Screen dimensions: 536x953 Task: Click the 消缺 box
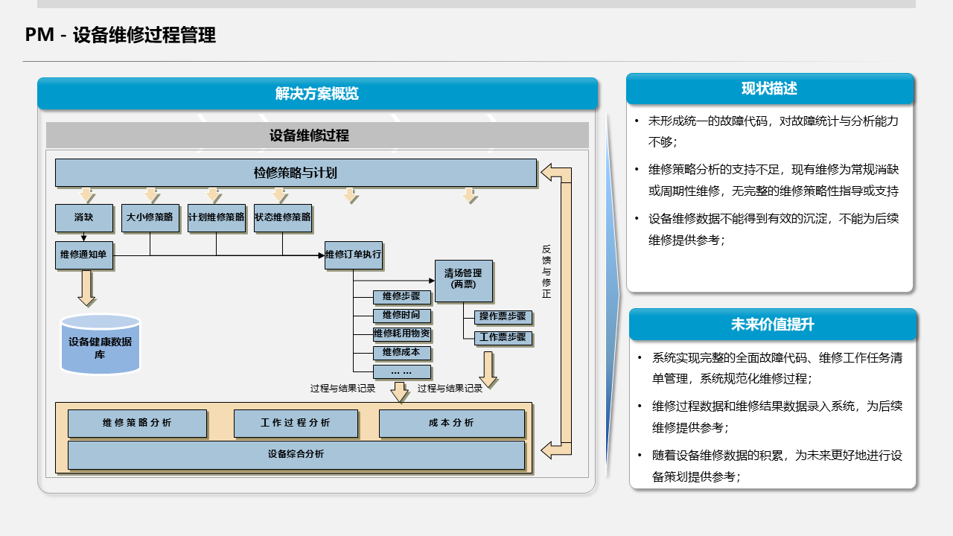click(x=83, y=218)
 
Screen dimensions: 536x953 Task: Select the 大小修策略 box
click(x=150, y=218)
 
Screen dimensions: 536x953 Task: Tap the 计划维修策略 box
click(x=216, y=218)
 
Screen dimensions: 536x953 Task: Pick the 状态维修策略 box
click(x=282, y=218)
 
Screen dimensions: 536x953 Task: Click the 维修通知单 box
click(x=83, y=255)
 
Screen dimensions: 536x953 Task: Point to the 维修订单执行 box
click(x=353, y=255)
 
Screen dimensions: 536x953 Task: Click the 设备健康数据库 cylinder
click(x=100, y=345)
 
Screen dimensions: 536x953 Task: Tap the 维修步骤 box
click(x=401, y=296)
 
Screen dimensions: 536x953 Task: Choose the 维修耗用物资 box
click(x=401, y=334)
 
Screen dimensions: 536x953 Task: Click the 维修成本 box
click(x=401, y=352)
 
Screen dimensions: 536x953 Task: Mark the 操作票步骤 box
click(x=503, y=316)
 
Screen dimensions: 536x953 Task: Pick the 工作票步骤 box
click(x=503, y=337)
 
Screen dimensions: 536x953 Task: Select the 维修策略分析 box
click(x=137, y=423)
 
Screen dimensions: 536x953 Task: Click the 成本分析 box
click(x=451, y=423)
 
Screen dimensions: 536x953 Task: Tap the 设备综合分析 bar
click(x=296, y=454)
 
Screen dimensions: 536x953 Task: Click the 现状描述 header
click(x=769, y=89)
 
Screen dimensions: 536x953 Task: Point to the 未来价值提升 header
click(x=772, y=325)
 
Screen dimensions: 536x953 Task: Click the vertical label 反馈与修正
click(x=546, y=272)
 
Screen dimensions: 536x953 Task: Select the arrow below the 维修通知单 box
click(x=87, y=287)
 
